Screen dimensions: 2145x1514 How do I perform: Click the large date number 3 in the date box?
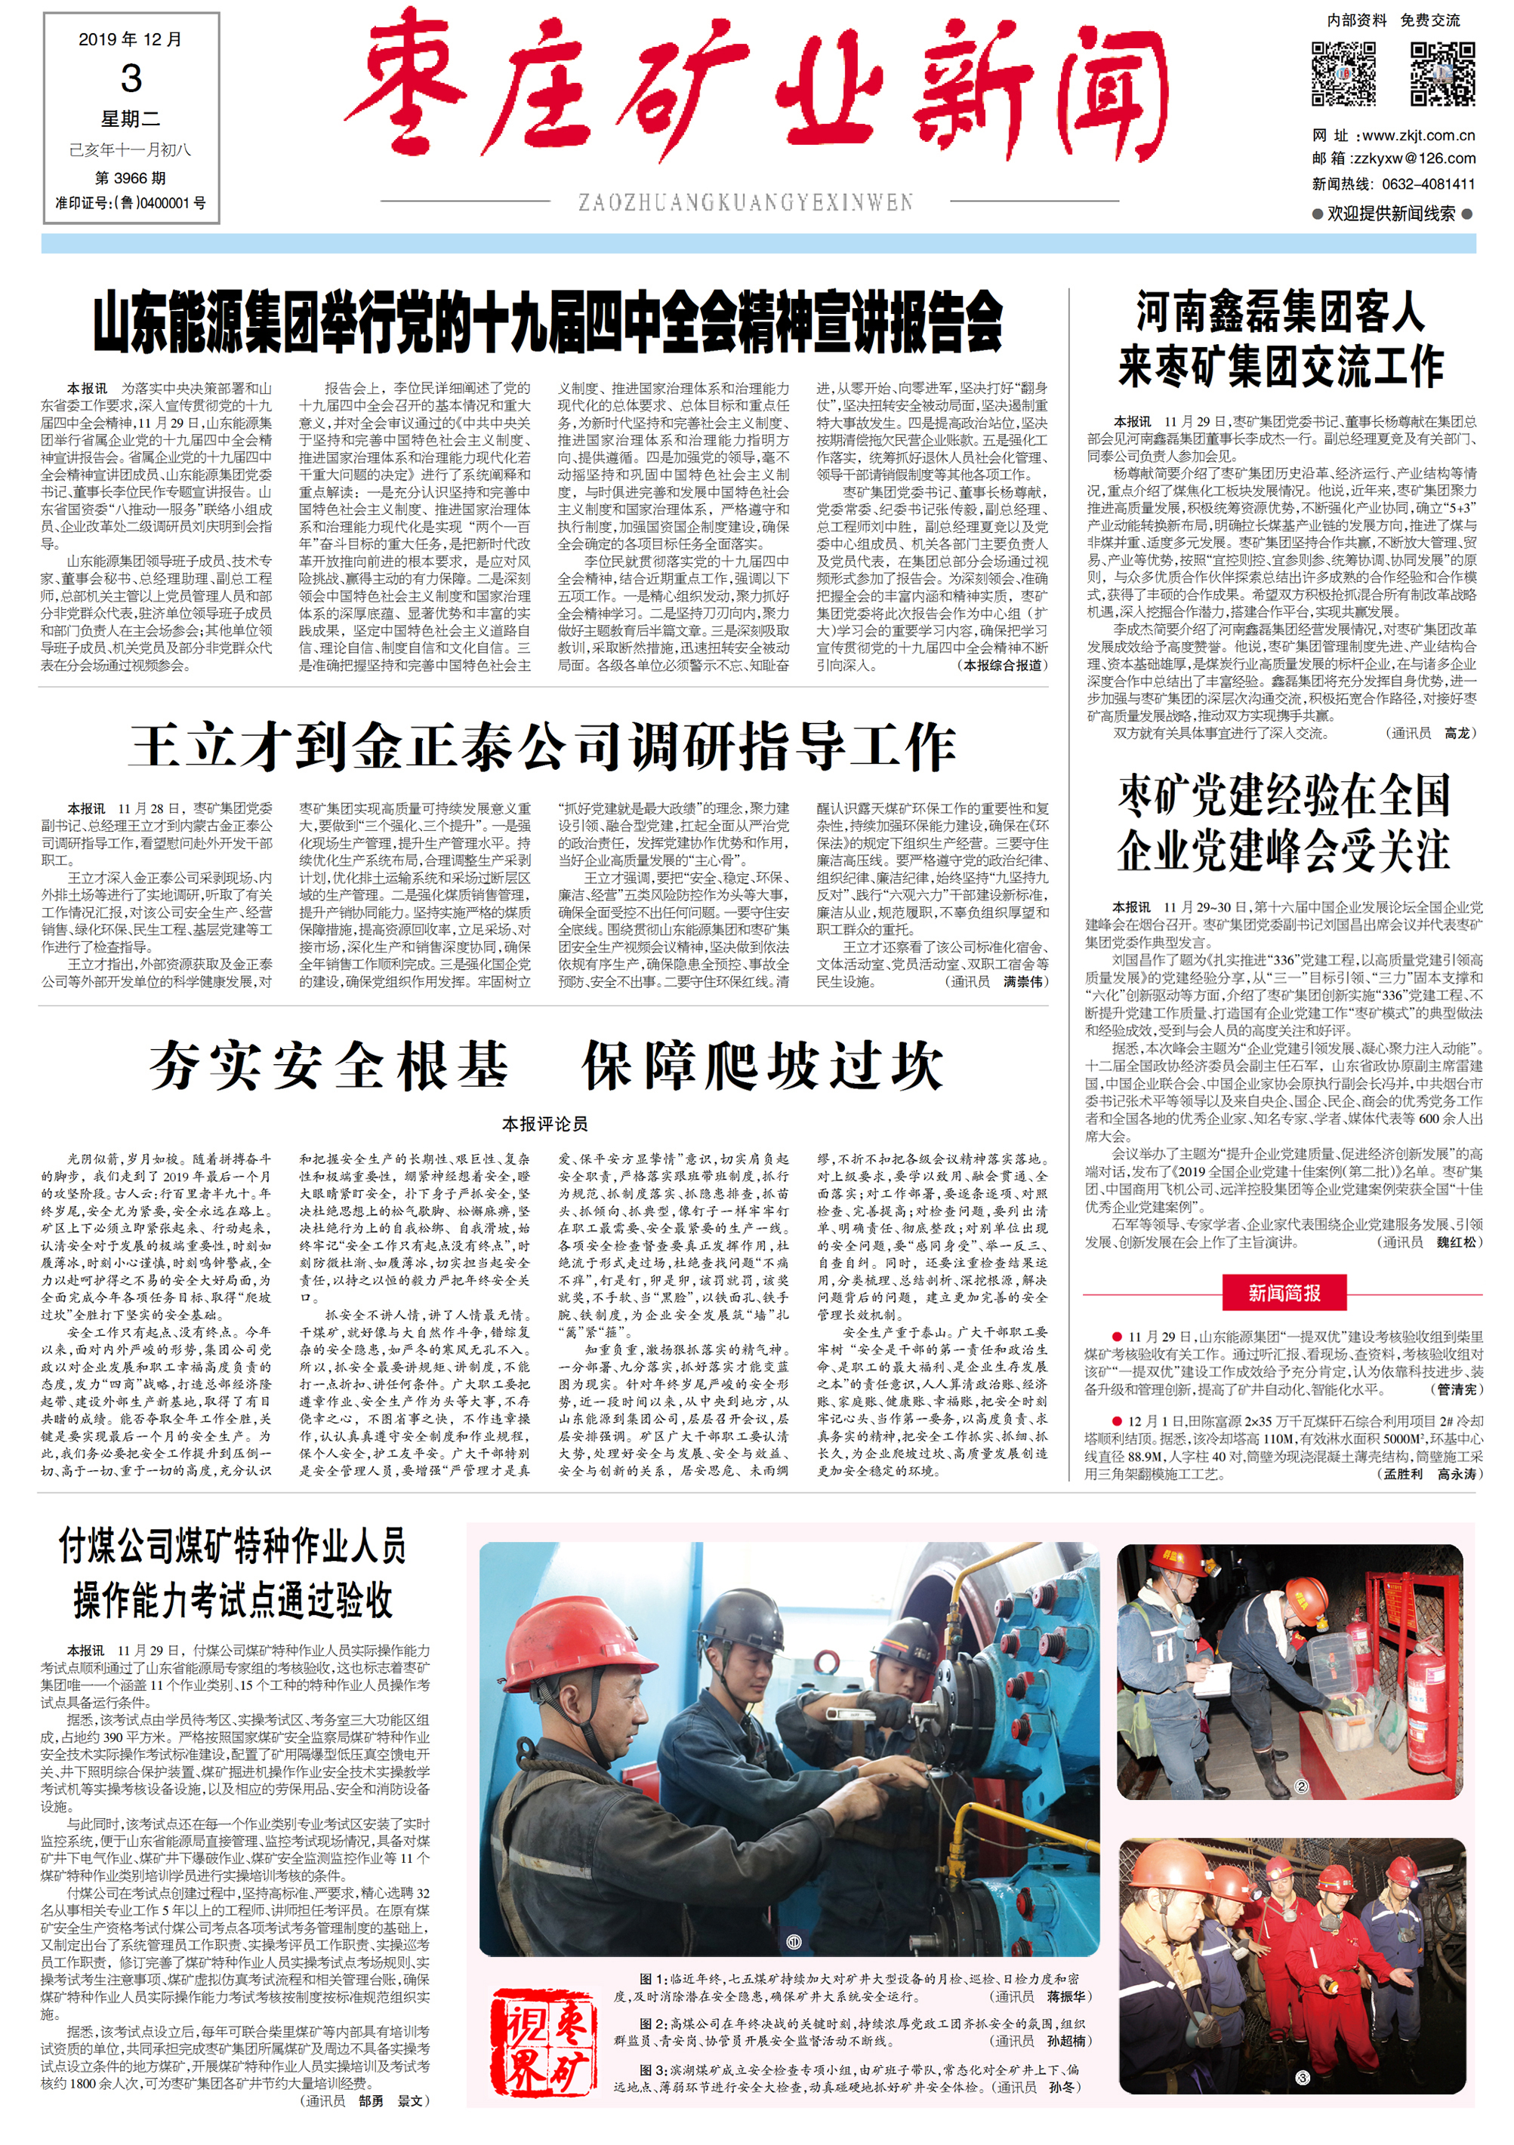(131, 78)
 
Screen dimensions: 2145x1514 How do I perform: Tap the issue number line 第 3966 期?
(131, 177)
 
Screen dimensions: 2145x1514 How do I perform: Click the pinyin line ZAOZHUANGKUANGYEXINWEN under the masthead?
(745, 202)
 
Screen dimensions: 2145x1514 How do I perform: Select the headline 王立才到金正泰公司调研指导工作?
(542, 747)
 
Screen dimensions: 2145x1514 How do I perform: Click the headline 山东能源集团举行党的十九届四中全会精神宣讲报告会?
(547, 321)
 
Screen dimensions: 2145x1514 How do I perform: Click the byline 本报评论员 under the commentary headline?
(545, 1124)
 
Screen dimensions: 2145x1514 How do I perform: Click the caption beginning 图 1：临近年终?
(850, 1987)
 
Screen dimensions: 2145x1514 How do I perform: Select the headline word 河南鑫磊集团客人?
(1281, 312)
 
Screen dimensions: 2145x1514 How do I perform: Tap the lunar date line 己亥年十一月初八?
(131, 149)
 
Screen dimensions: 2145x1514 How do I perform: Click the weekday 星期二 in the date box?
(131, 118)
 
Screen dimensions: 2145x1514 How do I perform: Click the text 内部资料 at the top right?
(1356, 20)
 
